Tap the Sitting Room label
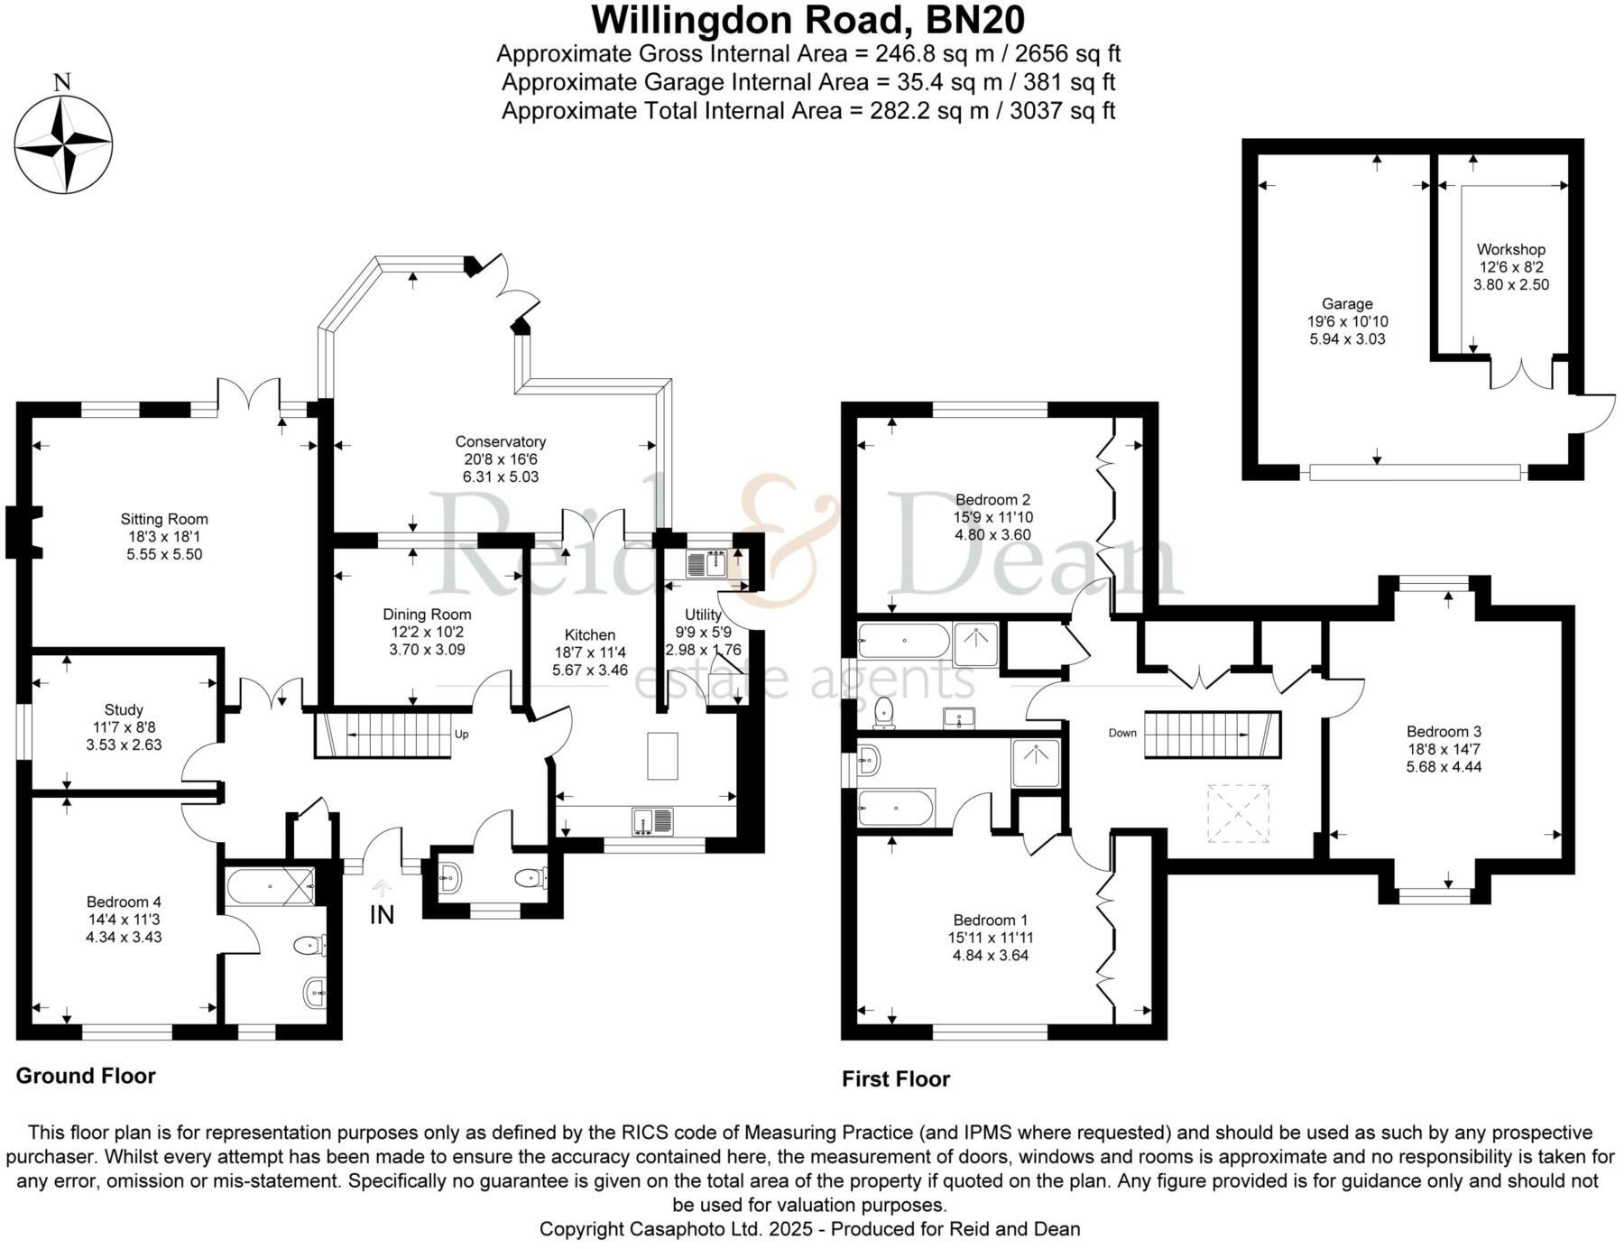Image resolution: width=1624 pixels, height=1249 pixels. coord(164,519)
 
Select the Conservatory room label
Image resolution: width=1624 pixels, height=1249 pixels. coord(500,441)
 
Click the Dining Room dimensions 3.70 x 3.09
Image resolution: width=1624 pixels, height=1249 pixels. coord(427,649)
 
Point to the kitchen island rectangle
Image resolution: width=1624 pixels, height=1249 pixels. coord(662,756)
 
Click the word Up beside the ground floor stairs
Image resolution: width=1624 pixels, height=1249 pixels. coord(461,735)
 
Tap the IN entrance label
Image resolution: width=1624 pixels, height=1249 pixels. coord(382,915)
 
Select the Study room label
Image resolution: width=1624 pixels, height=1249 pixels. coord(124,710)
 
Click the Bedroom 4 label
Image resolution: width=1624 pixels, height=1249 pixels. coord(124,902)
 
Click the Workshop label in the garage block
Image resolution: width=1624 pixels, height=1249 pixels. coord(1510,249)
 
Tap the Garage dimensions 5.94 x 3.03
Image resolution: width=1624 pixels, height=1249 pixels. coord(1347,339)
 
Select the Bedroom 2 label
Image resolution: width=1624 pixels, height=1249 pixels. coord(992,499)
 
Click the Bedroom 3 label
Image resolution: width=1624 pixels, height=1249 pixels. coord(1444,731)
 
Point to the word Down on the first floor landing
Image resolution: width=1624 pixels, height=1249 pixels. coord(1122,733)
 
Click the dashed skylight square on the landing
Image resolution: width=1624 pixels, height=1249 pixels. coord(1239,814)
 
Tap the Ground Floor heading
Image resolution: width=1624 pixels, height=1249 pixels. coord(86,1076)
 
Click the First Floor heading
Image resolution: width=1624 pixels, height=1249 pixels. coord(895,1079)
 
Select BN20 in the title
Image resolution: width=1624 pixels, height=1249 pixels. coord(978,20)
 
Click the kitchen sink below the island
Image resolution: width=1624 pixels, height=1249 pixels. coord(652,820)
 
